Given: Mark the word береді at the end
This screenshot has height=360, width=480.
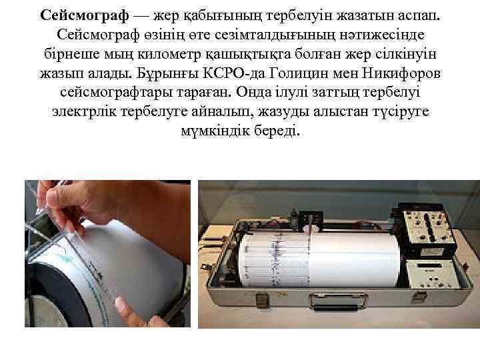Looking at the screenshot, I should (x=278, y=130).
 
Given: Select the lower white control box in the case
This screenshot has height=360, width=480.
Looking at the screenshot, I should (x=427, y=272).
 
